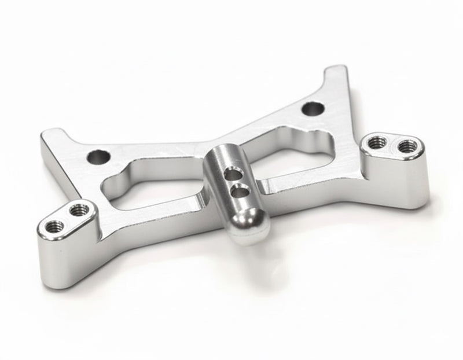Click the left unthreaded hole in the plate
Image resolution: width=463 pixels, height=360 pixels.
tap(98, 156)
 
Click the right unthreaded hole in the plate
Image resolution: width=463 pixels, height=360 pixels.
tap(313, 108)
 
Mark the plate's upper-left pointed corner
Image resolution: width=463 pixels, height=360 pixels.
tap(47, 137)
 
